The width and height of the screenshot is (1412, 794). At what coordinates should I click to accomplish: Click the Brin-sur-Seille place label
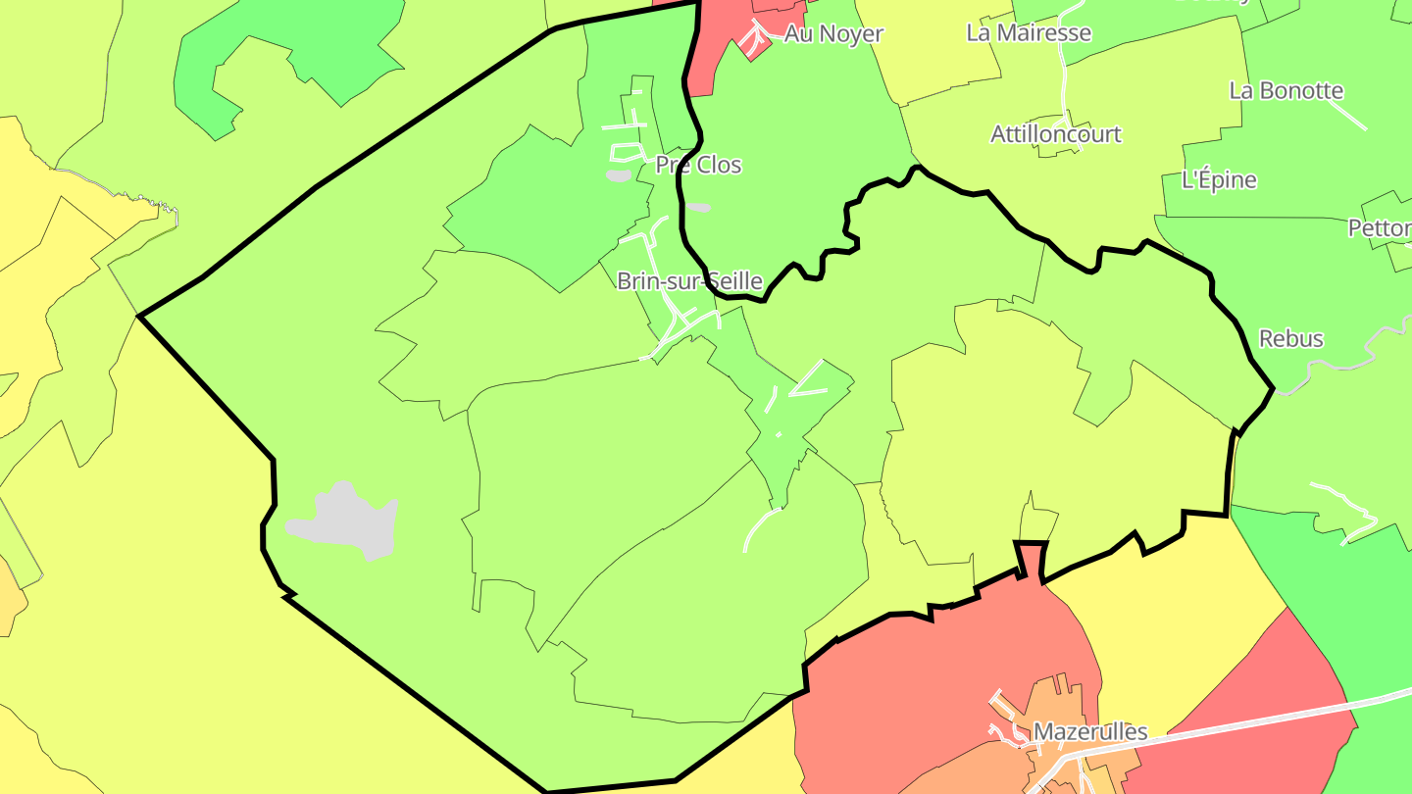[689, 281]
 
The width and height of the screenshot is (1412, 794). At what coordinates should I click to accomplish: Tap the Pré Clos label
[698, 165]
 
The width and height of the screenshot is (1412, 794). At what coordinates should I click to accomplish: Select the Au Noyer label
[833, 34]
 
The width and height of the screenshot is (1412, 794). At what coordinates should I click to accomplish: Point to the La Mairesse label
[1029, 32]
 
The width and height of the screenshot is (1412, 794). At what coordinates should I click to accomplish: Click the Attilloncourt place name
[1056, 134]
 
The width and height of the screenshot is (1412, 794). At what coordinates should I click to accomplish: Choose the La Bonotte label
[1286, 91]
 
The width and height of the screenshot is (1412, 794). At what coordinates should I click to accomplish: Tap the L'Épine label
[1219, 180]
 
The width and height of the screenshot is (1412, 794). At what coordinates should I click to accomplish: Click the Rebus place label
[1290, 339]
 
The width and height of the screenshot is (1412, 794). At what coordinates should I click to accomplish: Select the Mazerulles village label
[1090, 732]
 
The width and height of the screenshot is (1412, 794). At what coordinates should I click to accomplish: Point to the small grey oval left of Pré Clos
[618, 176]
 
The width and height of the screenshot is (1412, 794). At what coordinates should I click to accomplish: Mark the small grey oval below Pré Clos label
[697, 208]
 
